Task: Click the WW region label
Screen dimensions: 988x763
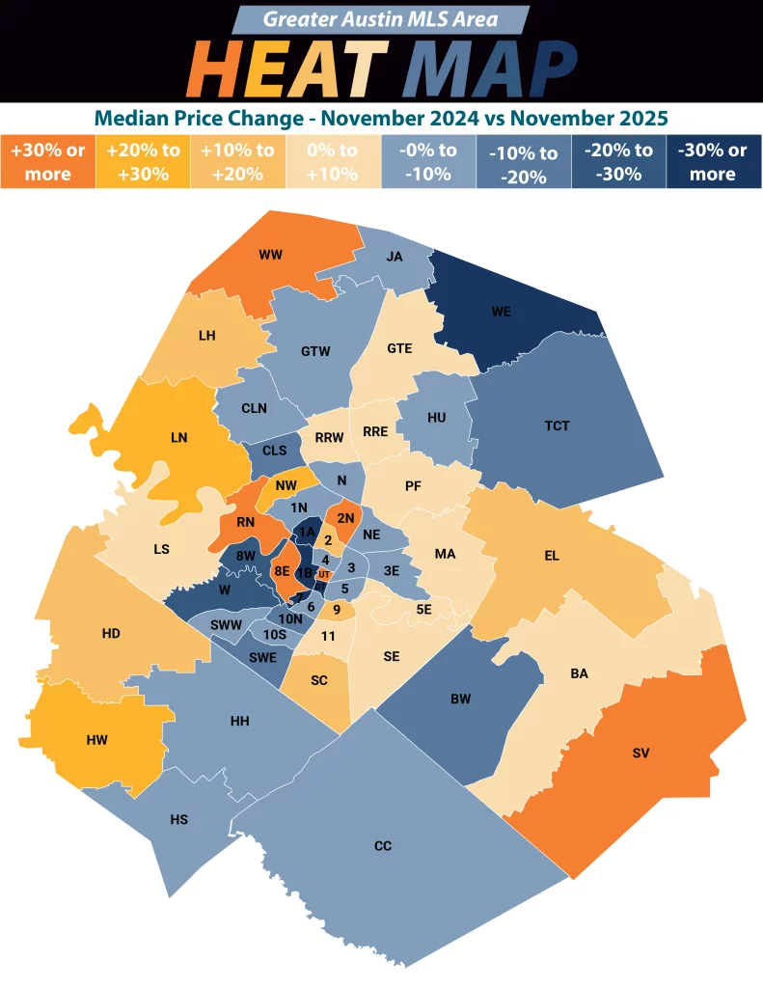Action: (x=269, y=256)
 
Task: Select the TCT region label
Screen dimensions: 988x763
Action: (x=557, y=425)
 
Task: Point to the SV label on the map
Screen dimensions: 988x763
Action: (x=641, y=752)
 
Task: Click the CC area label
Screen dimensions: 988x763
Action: (x=382, y=846)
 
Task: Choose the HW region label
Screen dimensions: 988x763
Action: (x=96, y=740)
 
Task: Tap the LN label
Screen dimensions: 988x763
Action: (x=178, y=437)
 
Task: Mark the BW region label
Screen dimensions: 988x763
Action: (x=460, y=699)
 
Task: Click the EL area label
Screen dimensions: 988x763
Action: (x=552, y=556)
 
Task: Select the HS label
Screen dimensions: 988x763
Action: (x=178, y=819)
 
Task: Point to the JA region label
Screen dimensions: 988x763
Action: (x=394, y=257)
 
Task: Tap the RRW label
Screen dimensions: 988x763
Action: (x=329, y=437)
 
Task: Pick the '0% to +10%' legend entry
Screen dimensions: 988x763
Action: (x=334, y=162)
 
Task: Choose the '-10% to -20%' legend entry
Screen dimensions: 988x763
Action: (x=522, y=162)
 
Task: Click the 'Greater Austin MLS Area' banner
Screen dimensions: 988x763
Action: (x=382, y=19)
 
